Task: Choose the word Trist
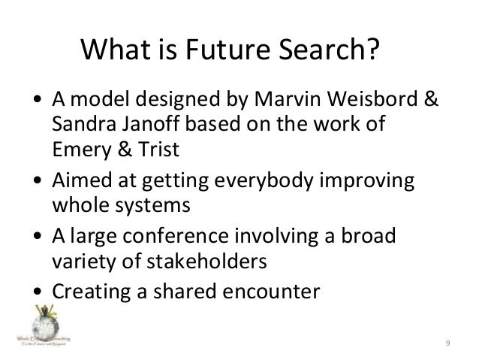[x=156, y=149]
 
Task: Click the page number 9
[x=447, y=343]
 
